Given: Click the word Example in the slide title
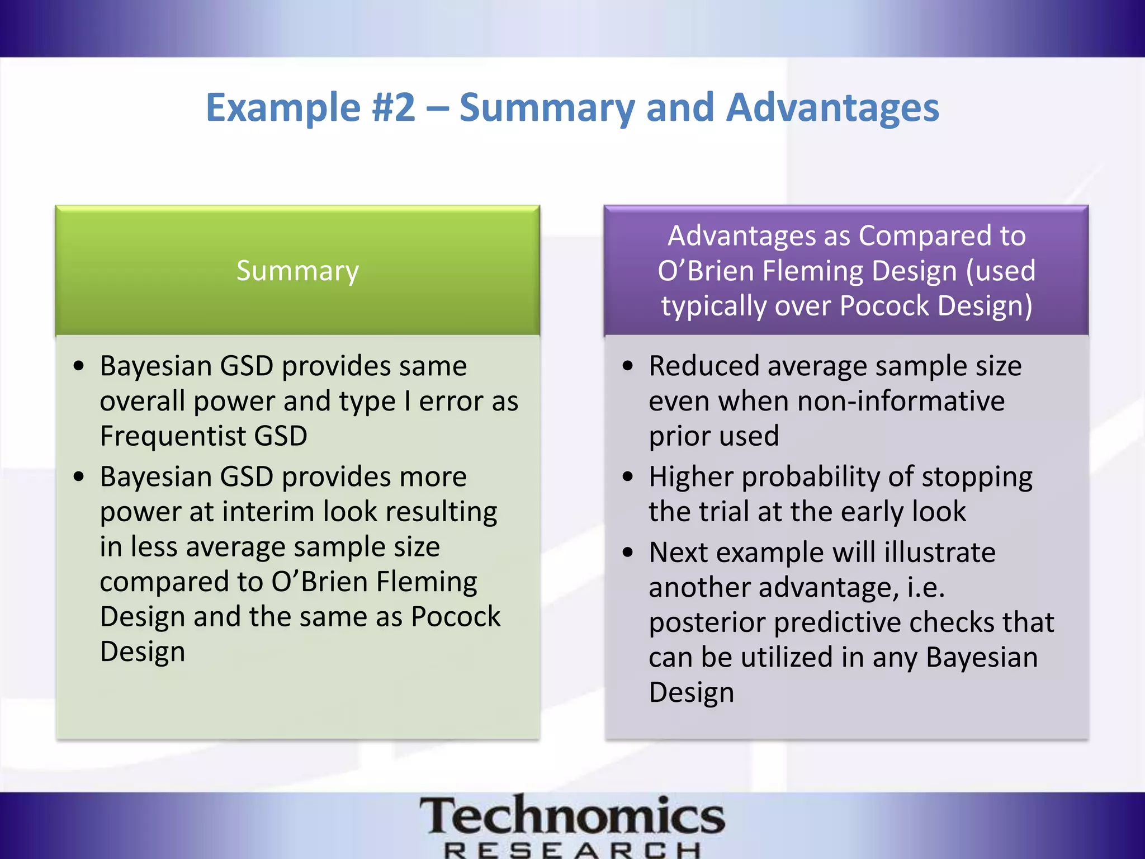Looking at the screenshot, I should (x=283, y=107).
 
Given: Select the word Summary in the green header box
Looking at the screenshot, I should (x=297, y=271).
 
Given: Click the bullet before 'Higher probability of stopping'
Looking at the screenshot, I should (x=628, y=477).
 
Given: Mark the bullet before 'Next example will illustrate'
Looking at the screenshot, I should (x=628, y=553).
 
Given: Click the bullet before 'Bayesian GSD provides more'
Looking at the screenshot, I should (x=79, y=477).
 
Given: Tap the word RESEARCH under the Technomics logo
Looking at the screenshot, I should (x=572, y=851).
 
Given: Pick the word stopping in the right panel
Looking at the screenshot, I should (x=977, y=477).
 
